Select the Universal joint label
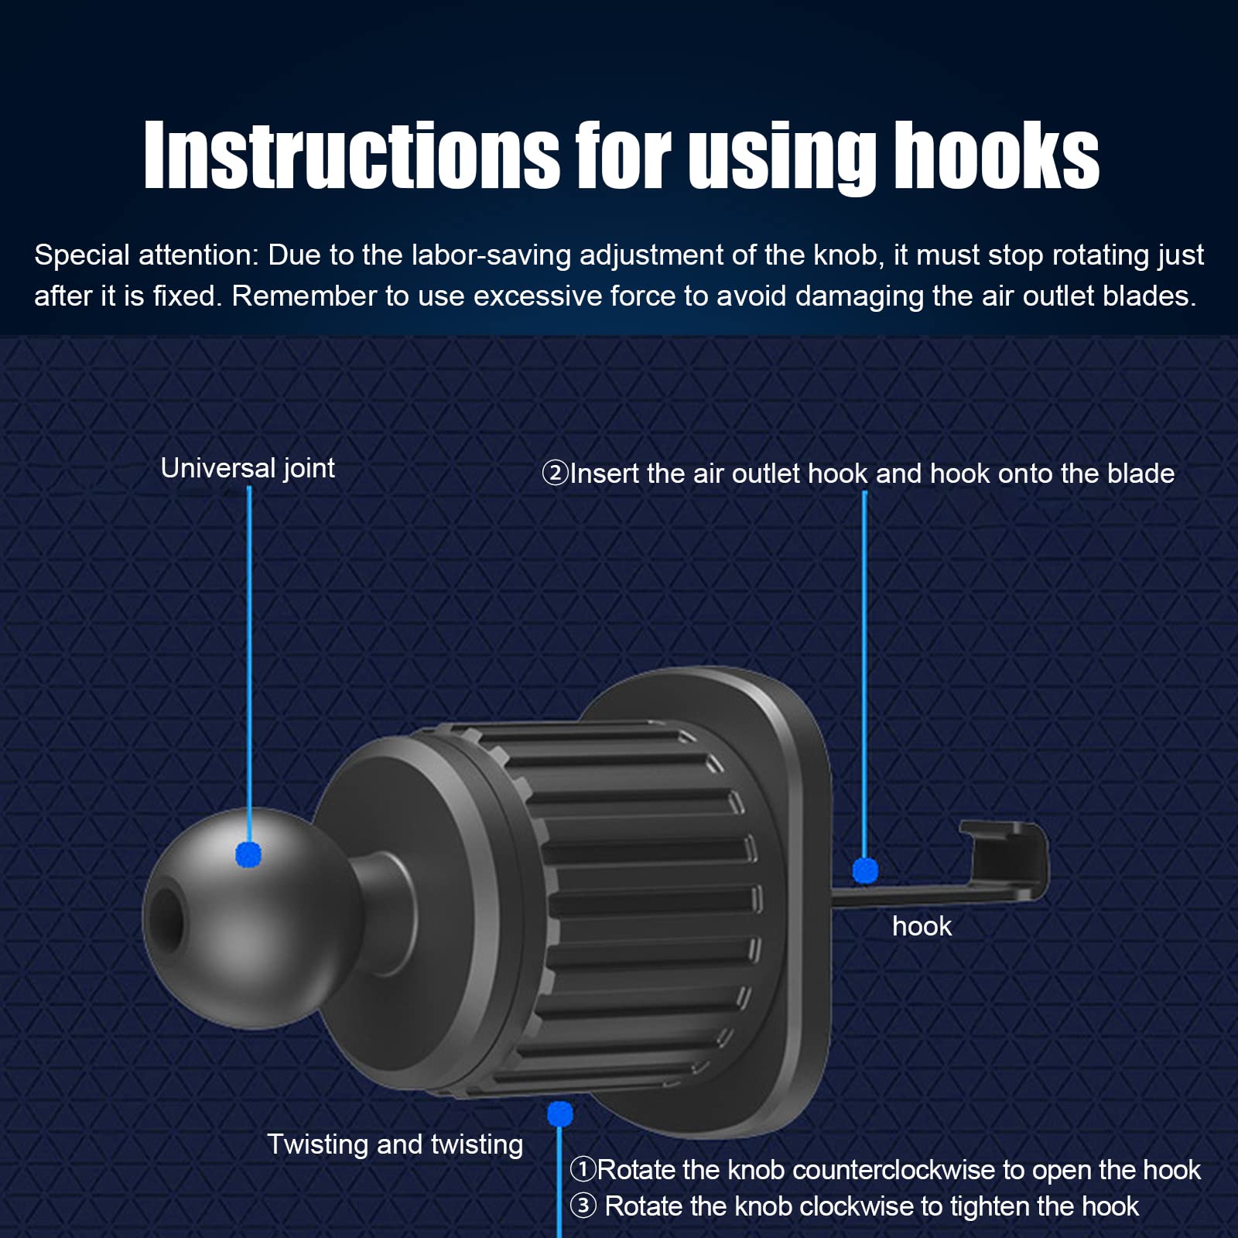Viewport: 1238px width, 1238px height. [x=248, y=468]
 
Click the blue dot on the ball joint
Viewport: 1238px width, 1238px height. [x=248, y=854]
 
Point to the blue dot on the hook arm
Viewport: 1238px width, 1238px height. [x=865, y=870]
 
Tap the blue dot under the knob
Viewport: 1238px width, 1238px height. [x=559, y=1114]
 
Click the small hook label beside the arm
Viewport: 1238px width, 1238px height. [x=922, y=926]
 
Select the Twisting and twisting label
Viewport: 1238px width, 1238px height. [x=395, y=1144]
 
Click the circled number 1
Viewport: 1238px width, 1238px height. [x=583, y=1170]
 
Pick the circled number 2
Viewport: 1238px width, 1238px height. [x=555, y=473]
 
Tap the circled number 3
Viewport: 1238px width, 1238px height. [x=583, y=1206]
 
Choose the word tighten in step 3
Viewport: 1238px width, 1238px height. [x=989, y=1206]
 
